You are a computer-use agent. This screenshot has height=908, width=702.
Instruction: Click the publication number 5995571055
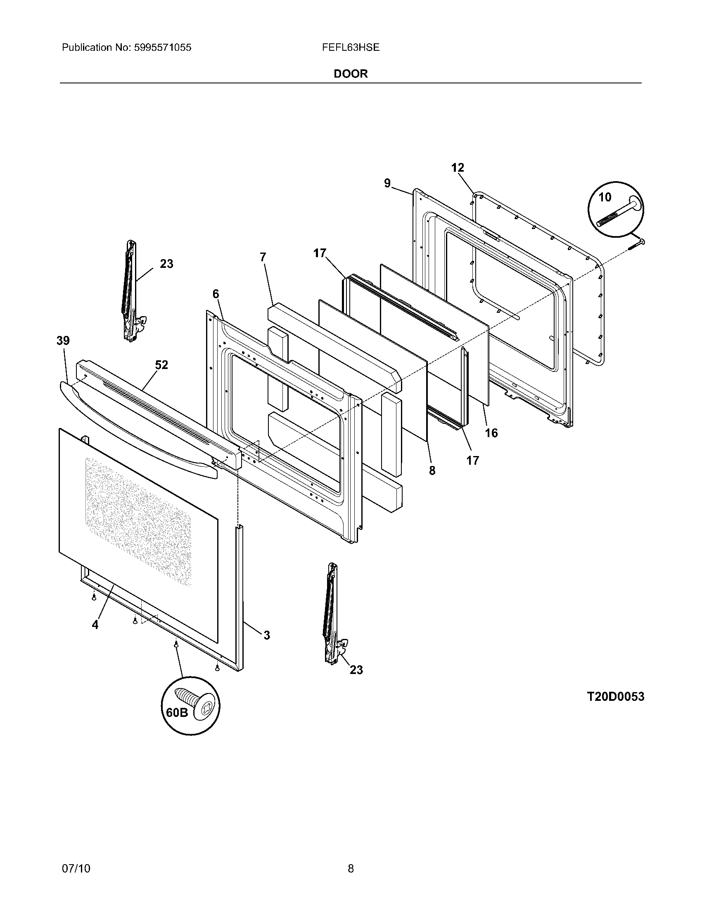click(x=163, y=47)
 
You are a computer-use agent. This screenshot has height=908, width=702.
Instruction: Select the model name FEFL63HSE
click(x=351, y=47)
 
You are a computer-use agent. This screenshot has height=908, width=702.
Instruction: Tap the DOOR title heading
click(x=351, y=74)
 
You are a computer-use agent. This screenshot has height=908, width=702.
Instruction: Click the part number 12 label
click(x=458, y=168)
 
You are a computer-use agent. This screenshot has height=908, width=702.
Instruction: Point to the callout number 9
click(x=387, y=183)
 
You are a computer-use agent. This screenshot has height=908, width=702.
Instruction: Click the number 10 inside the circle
click(x=605, y=197)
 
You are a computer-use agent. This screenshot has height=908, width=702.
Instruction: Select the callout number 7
click(x=262, y=258)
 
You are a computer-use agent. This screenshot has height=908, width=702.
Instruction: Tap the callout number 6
click(x=216, y=294)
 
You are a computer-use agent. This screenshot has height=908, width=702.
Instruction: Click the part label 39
click(x=63, y=340)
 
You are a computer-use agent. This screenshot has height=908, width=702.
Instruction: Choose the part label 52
click(x=161, y=364)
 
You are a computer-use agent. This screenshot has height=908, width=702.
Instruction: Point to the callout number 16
click(x=491, y=433)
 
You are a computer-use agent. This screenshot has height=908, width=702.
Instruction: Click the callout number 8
click(x=432, y=470)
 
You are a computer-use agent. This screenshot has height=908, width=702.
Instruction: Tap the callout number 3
click(x=267, y=635)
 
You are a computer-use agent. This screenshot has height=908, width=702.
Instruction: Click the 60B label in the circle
click(x=177, y=712)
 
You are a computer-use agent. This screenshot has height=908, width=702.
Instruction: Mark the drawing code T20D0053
click(x=615, y=696)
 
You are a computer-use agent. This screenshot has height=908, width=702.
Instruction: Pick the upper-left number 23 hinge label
click(x=166, y=264)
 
